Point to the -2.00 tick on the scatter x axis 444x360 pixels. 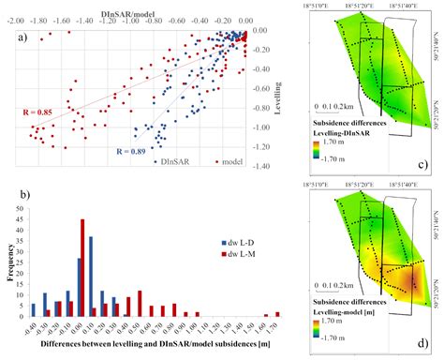(17, 19)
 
